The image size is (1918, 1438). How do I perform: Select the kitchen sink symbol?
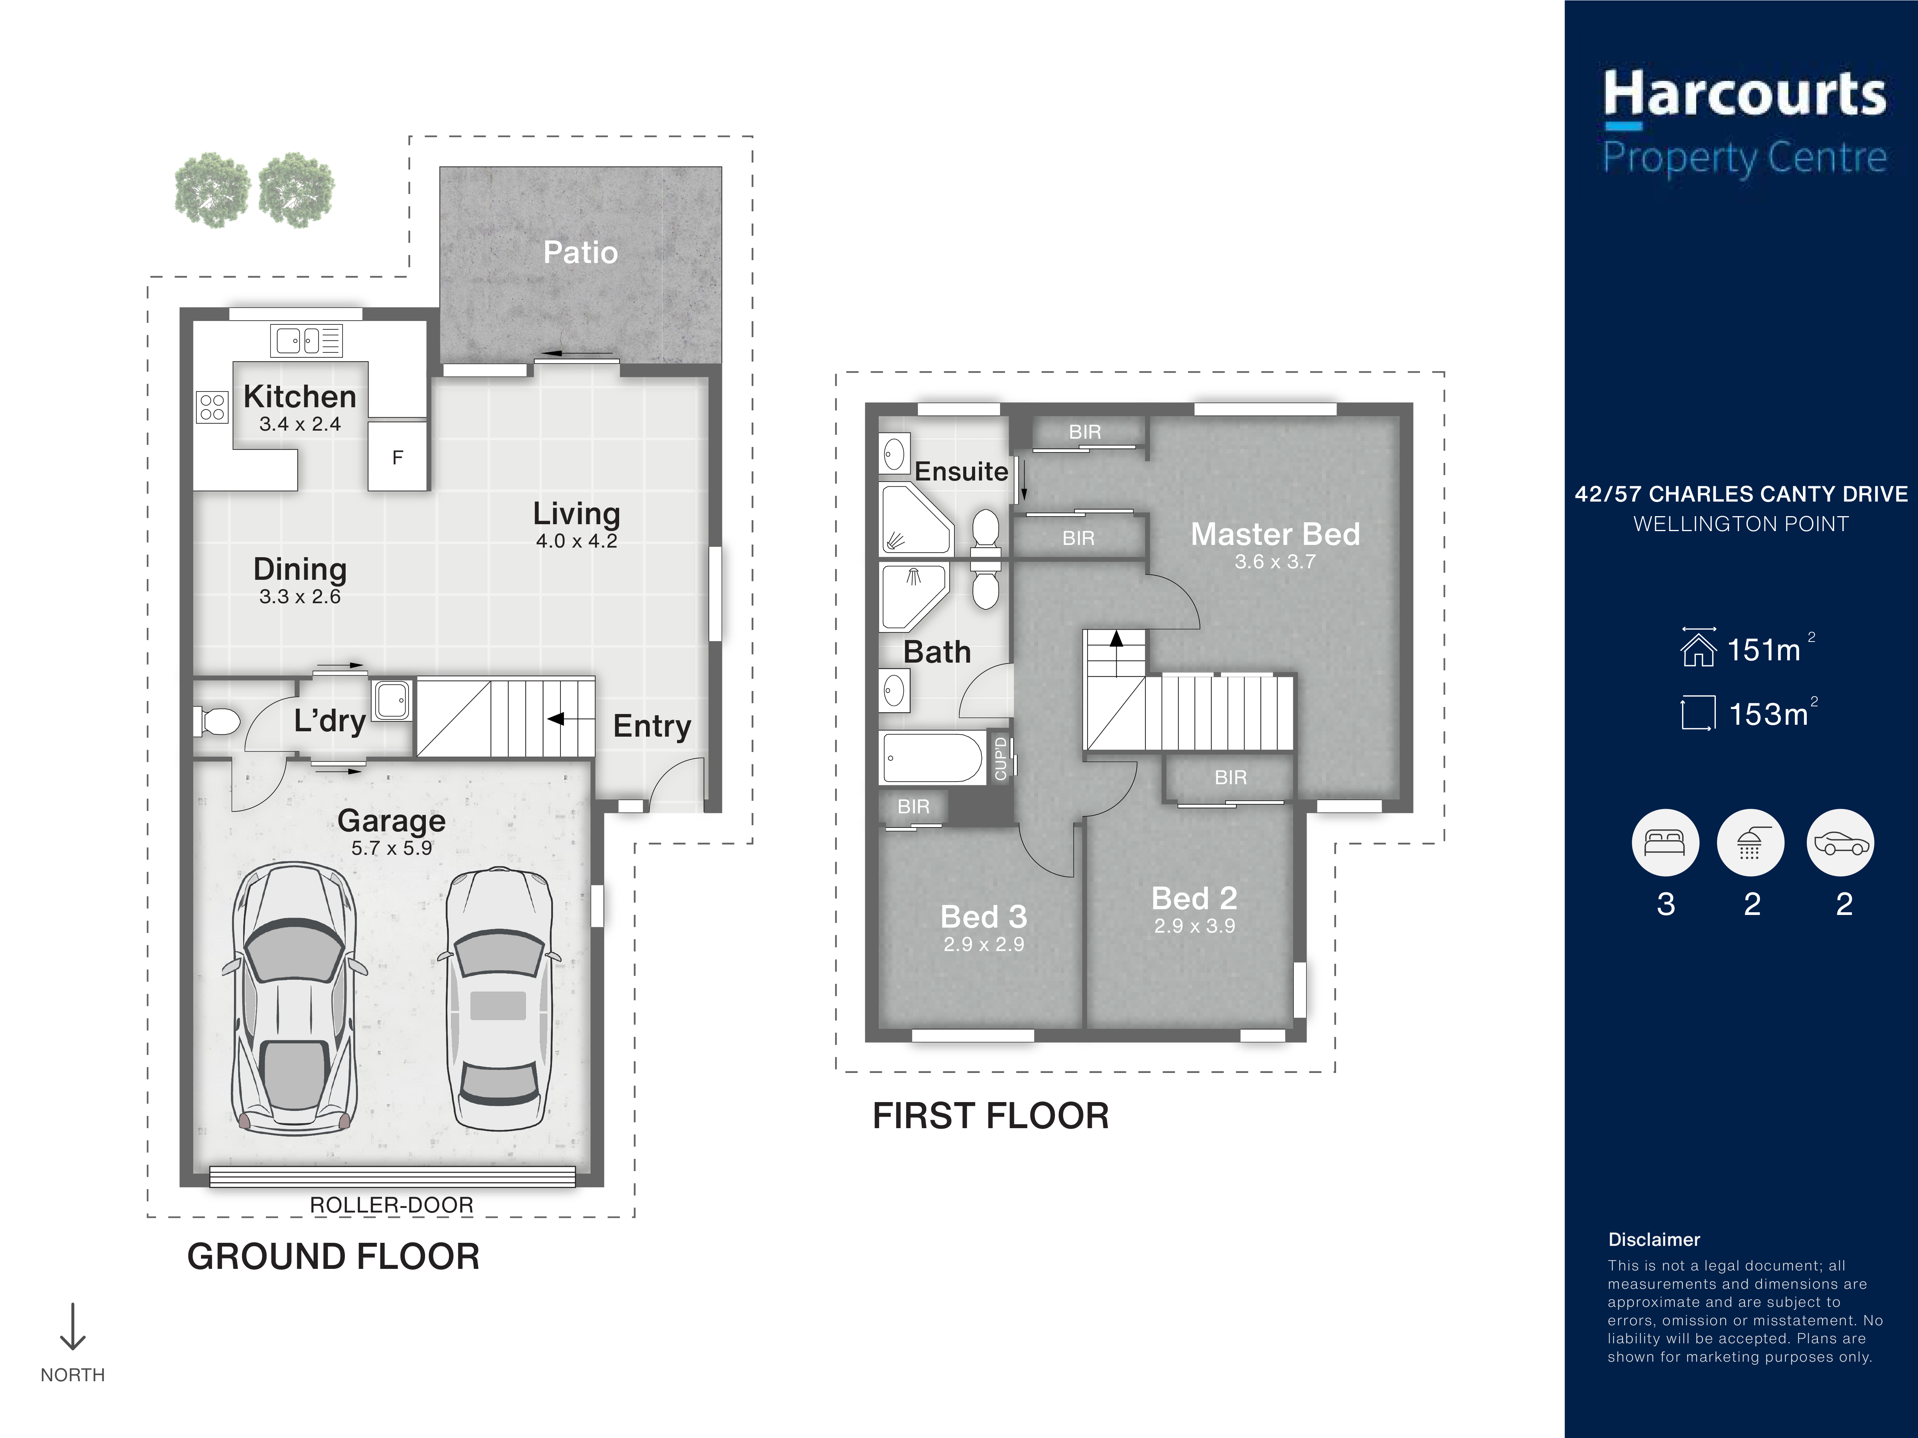click(x=306, y=341)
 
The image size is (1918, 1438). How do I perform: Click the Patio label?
click(x=580, y=252)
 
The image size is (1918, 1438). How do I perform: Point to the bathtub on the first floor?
click(x=933, y=758)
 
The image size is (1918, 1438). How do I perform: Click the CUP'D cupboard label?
click(x=1000, y=758)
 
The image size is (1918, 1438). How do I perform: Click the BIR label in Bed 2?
click(x=1231, y=778)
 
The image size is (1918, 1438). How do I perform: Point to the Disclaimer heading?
click(x=1654, y=1239)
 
